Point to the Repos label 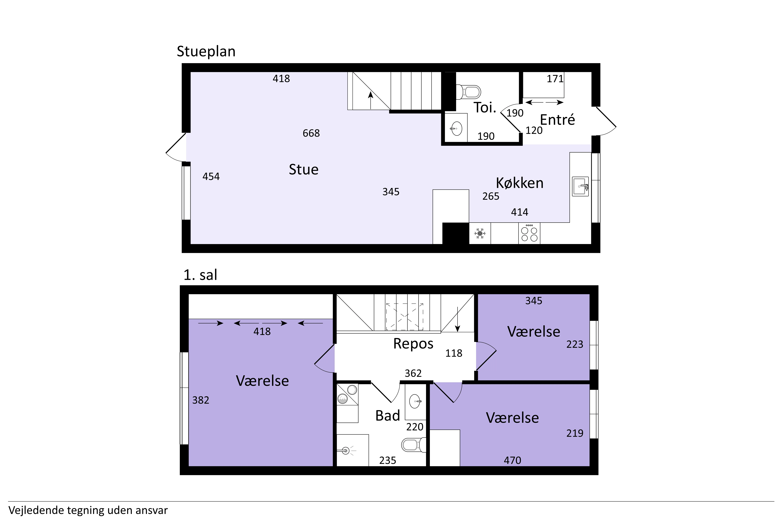(413, 344)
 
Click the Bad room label (388, 416)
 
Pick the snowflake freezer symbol (480, 233)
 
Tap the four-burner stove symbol (529, 233)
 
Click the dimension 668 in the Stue (311, 133)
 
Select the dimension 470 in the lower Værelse (512, 460)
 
